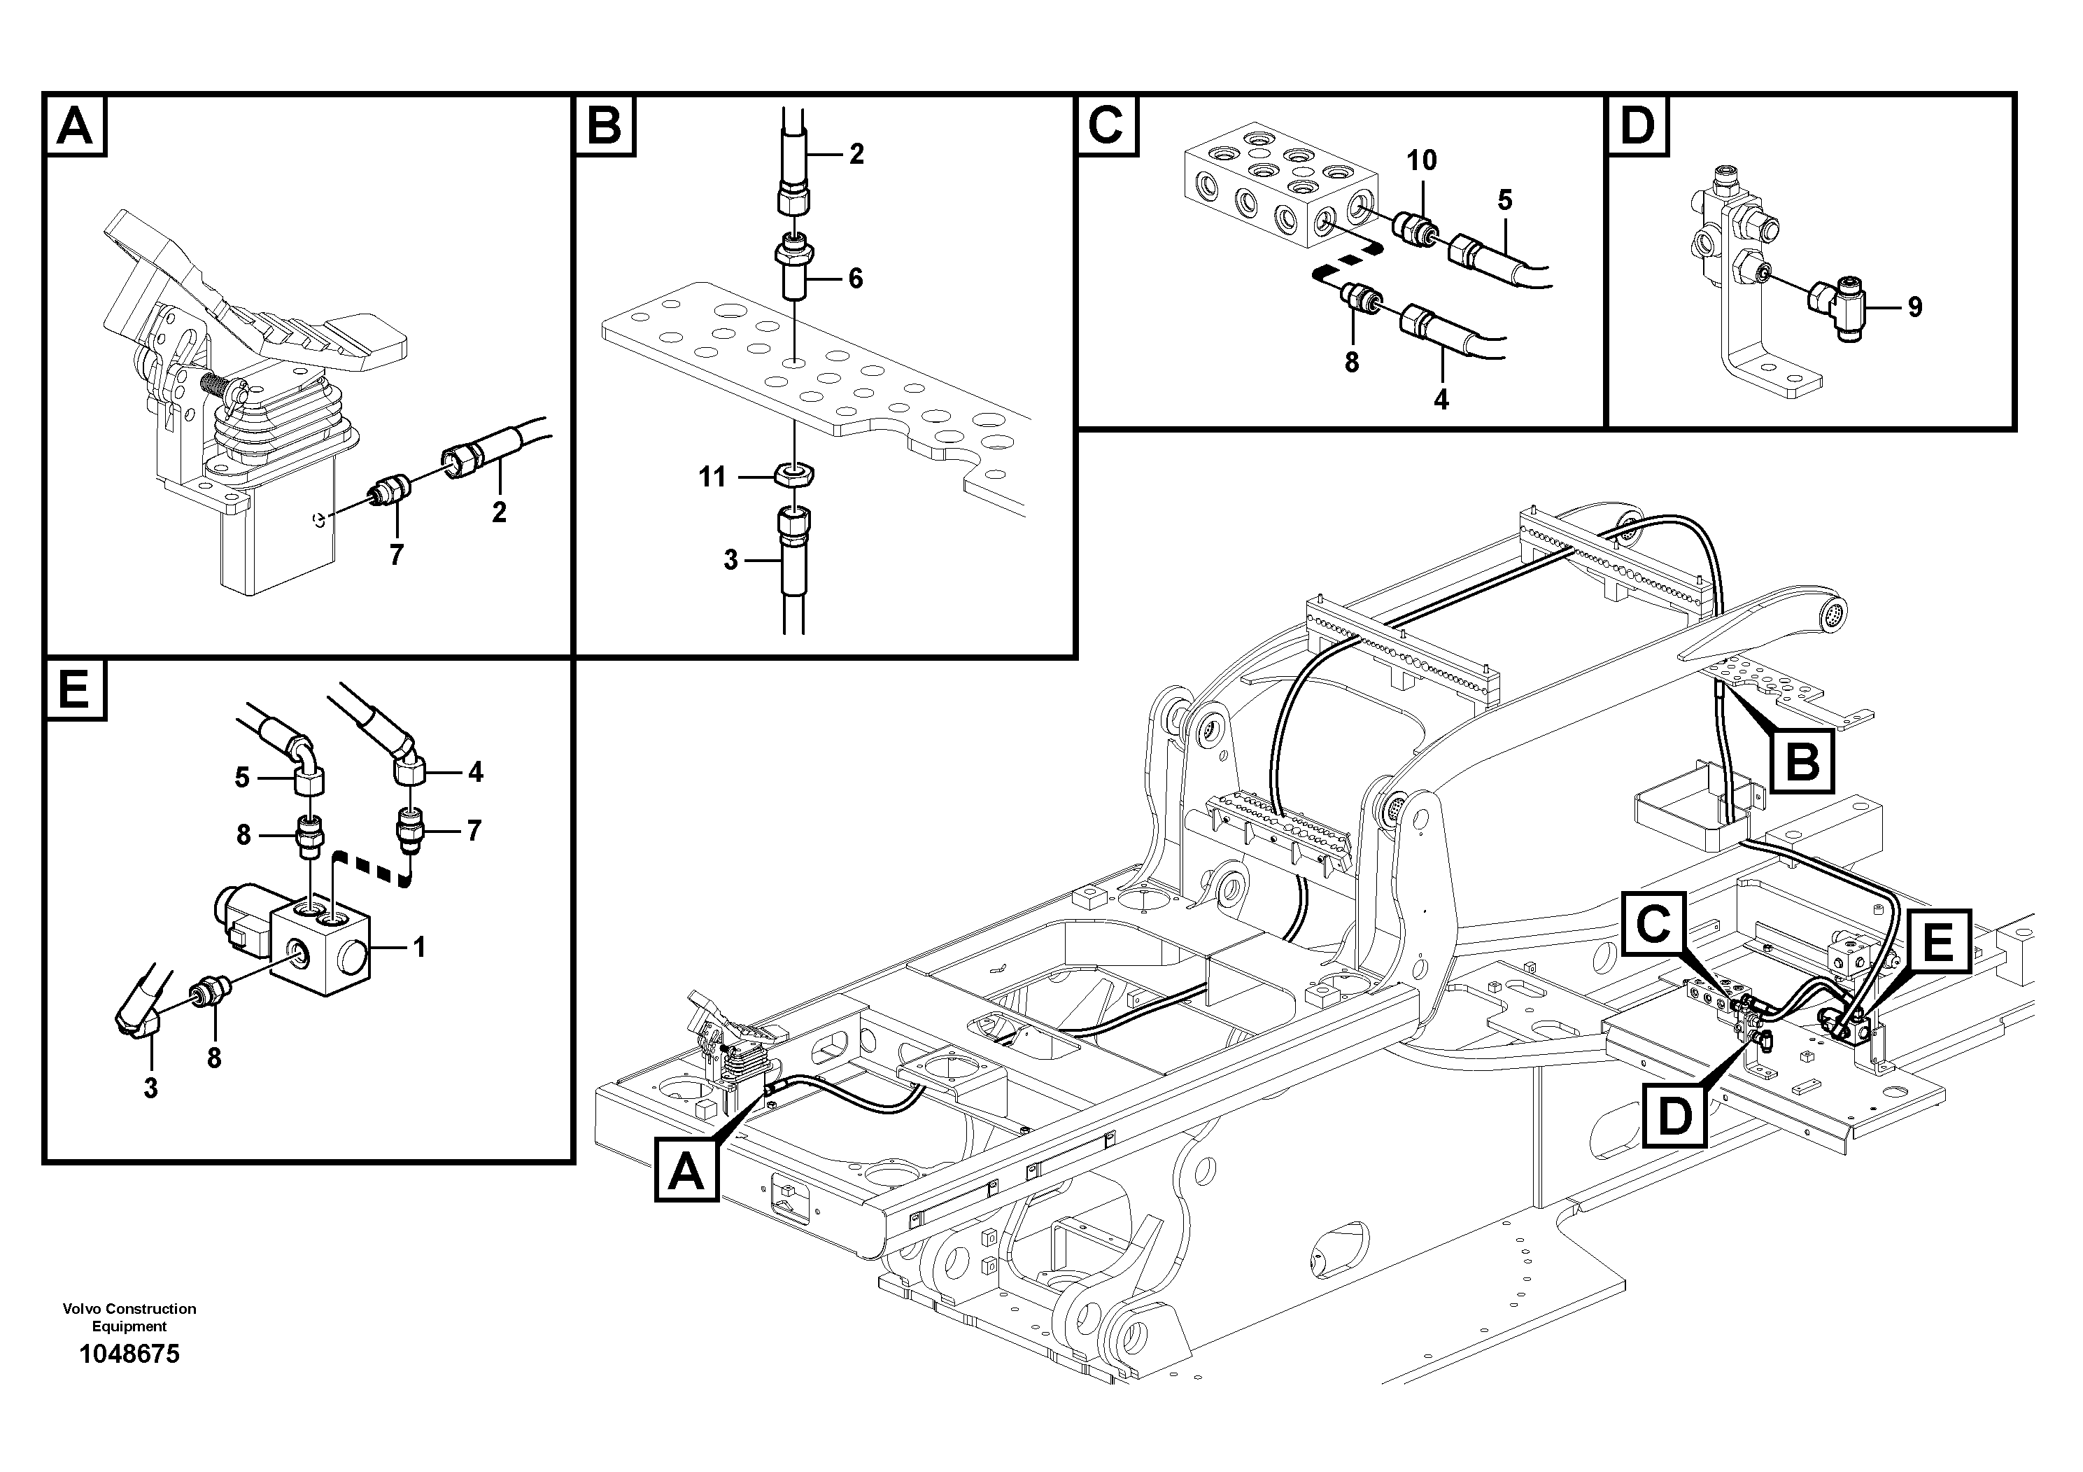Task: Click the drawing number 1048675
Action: (x=129, y=1355)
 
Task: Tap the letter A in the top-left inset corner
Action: (x=74, y=125)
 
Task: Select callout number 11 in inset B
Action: (x=712, y=477)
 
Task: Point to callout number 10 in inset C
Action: (x=1422, y=160)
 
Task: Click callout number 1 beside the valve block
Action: (x=418, y=948)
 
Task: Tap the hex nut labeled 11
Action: (x=796, y=474)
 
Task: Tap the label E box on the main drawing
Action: (x=1938, y=943)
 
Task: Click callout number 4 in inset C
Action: (x=1441, y=399)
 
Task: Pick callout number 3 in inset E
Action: (x=150, y=1088)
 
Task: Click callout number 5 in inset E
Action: (x=241, y=778)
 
